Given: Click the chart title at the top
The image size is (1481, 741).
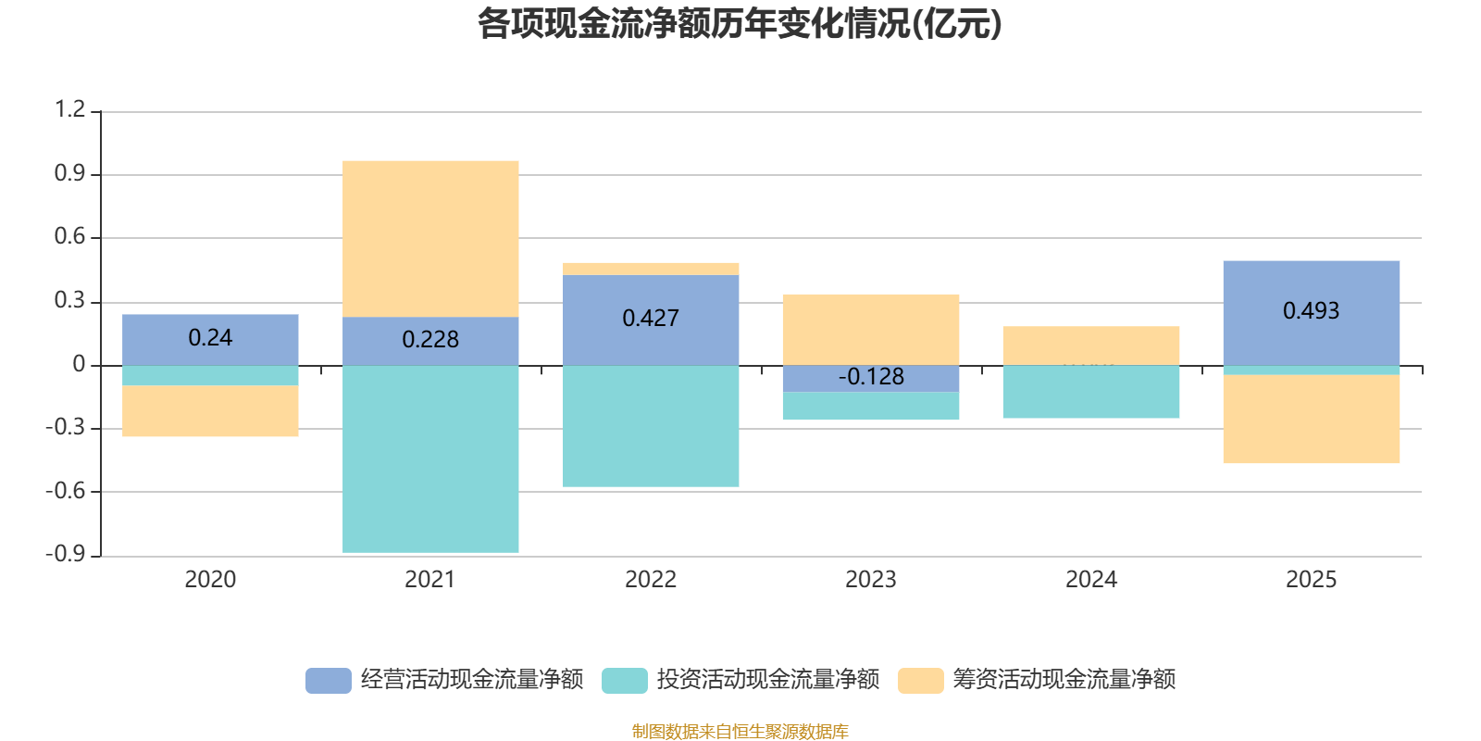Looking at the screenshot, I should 740,25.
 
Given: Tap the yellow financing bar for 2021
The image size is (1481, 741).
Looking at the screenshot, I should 430,239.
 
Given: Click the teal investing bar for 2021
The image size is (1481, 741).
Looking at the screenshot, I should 430,458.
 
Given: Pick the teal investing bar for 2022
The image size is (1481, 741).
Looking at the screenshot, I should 651,426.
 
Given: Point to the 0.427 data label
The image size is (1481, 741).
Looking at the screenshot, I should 651,319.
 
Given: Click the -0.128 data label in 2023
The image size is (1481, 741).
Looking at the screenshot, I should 871,377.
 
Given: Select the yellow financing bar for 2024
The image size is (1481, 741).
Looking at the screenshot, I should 1090,345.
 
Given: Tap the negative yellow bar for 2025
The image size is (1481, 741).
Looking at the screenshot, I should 1311,419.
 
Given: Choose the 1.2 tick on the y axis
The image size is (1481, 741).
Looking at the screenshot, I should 69,110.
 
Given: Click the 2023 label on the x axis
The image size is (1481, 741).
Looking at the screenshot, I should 871,580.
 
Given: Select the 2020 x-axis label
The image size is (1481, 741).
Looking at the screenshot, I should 210,580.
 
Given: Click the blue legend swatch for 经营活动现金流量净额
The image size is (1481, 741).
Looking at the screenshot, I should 329,680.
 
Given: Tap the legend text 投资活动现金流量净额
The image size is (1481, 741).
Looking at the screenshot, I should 768,680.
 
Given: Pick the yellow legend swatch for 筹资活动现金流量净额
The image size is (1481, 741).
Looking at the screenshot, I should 921,680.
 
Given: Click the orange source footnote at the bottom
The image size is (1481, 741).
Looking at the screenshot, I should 740,732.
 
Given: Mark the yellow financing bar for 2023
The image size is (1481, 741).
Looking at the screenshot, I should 871,330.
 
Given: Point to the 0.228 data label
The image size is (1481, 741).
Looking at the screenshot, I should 430,340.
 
